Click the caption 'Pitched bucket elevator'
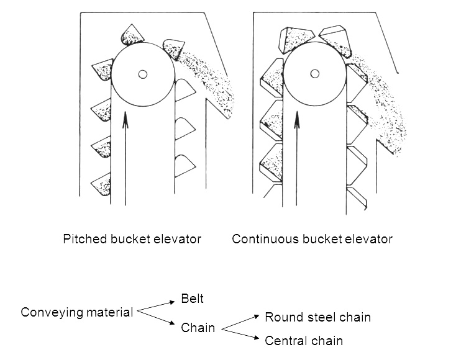click(x=132, y=239)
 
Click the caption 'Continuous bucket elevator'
click(x=312, y=239)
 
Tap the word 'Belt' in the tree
click(x=193, y=299)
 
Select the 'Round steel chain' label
click(x=317, y=317)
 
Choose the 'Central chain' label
click(x=304, y=341)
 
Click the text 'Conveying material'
click(x=77, y=312)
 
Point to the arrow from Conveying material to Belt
click(x=156, y=305)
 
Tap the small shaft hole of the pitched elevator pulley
click(x=142, y=74)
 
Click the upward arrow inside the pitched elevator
click(x=125, y=155)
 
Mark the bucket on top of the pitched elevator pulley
click(x=132, y=35)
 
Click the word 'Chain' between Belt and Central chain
click(x=198, y=328)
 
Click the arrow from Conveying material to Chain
click(x=156, y=318)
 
